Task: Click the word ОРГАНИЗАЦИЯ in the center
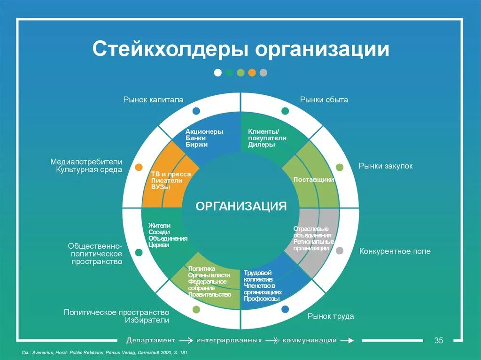(240, 206)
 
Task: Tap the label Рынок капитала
(153, 100)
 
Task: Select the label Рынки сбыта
(324, 100)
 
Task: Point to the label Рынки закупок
(386, 166)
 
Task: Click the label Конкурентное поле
(395, 251)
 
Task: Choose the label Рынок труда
(331, 316)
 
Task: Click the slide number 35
(439, 340)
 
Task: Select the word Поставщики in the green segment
(314, 179)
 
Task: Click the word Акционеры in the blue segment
(204, 131)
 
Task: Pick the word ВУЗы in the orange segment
(161, 187)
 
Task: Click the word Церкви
(159, 245)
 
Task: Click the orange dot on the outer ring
(139, 167)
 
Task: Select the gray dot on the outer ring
(340, 251)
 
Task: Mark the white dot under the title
(217, 72)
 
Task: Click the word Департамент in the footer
(150, 340)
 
